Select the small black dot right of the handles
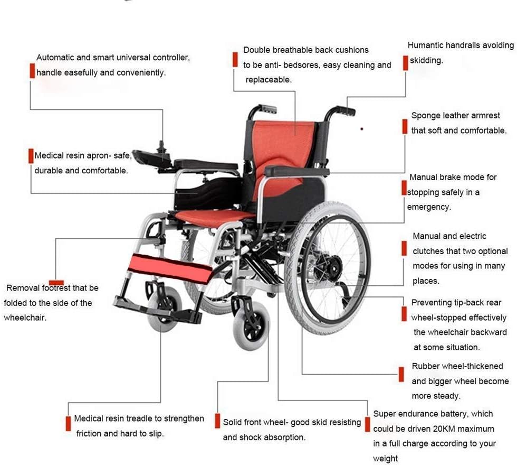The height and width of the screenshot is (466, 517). (x=362, y=129)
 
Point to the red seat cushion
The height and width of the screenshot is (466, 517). (x=214, y=216)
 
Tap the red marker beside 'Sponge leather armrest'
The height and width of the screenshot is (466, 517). (x=405, y=126)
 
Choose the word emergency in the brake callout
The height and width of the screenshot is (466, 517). (x=428, y=207)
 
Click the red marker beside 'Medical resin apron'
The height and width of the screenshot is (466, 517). (x=31, y=156)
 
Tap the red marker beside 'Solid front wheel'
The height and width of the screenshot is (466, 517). (x=217, y=421)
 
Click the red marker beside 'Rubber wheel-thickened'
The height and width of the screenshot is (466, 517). (x=401, y=374)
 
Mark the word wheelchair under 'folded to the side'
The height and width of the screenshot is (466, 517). (x=25, y=318)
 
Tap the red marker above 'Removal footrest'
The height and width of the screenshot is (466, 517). (x=56, y=282)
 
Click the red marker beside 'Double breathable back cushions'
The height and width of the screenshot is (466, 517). (x=235, y=60)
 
